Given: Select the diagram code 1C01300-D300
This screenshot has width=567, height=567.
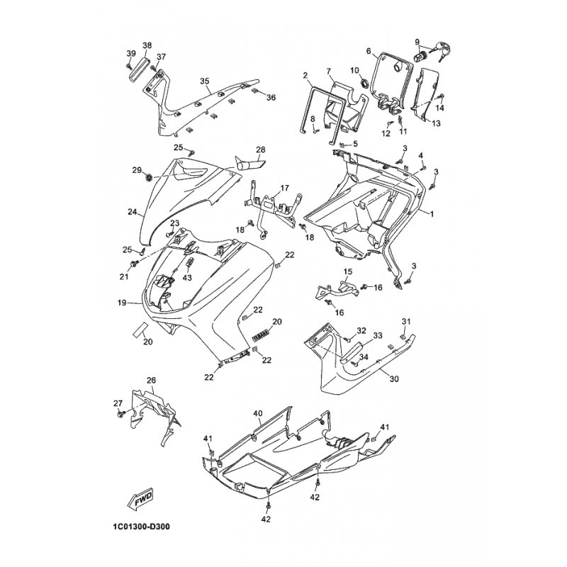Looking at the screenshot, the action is pos(138,526).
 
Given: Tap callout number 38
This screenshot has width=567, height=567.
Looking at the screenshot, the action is pos(147,45).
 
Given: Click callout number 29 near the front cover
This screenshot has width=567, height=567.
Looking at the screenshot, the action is pos(137,170).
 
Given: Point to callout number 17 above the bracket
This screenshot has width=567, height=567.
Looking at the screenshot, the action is pos(285,188).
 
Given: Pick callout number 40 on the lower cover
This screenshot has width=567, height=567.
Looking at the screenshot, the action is pos(258,413).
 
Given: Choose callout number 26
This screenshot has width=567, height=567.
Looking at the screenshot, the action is pos(152,381).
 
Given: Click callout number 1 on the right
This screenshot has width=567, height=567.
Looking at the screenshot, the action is pos(432,214).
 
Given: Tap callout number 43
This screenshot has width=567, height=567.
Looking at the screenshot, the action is pos(187,277).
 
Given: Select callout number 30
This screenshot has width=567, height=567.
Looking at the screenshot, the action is pos(394,379).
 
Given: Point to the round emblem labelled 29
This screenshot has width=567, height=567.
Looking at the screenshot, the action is pos(148,178).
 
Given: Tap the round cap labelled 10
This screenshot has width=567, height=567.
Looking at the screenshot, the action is pos(364,83).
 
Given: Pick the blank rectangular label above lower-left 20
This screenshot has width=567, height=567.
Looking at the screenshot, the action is pos(140,329).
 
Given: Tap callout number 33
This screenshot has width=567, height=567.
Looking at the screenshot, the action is pos(378,336).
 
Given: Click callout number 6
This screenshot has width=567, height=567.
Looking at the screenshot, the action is pos(369,51).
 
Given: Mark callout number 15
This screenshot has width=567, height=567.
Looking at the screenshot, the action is pos(347,271).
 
